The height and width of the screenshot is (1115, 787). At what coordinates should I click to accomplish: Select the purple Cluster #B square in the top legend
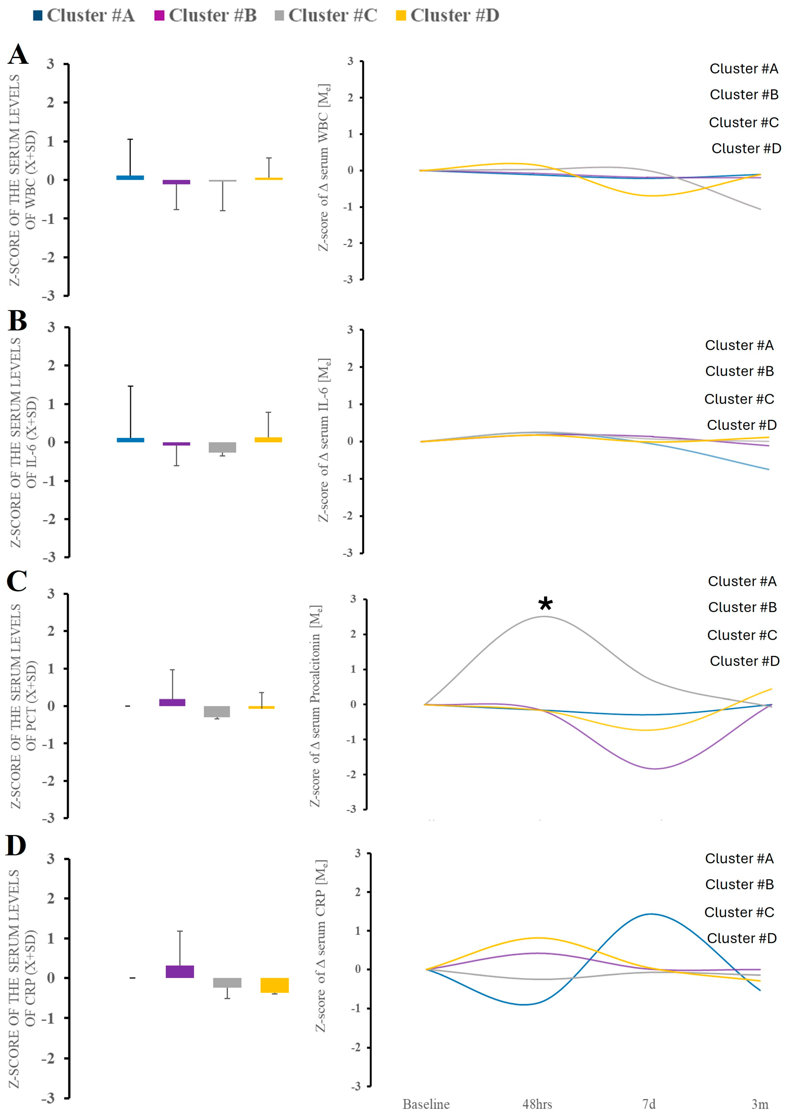click(x=159, y=16)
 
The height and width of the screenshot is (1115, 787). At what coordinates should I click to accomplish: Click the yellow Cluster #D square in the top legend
click(x=401, y=16)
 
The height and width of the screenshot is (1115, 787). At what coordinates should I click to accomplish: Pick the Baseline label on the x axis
click(x=426, y=1104)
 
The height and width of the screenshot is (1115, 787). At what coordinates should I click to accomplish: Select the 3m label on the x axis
click(x=760, y=1104)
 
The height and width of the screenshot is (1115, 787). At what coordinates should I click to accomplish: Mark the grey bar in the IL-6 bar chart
click(x=223, y=447)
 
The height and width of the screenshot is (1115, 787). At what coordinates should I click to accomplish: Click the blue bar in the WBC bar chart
click(x=130, y=178)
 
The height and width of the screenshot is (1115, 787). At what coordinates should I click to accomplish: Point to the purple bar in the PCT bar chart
click(x=172, y=702)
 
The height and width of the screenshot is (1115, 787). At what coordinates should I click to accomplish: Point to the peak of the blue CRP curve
click(x=650, y=914)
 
